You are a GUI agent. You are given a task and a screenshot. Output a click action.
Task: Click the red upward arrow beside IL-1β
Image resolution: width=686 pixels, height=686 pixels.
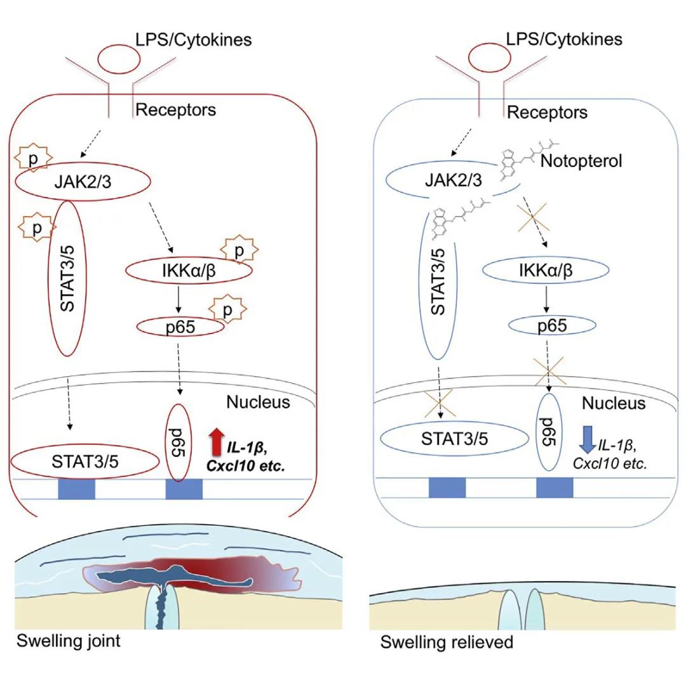tap(216, 443)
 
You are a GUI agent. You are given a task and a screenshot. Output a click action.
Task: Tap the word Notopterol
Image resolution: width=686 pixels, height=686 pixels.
tap(581, 161)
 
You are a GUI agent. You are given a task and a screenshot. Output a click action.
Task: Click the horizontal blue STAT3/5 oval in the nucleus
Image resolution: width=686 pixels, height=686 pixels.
tap(454, 438)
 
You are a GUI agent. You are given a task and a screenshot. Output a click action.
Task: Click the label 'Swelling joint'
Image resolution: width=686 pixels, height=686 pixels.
tap(68, 640)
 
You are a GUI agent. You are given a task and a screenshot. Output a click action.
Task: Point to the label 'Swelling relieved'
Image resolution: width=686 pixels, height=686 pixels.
tap(447, 642)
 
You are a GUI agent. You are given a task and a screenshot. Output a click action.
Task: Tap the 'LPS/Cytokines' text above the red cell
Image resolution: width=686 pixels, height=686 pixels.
tap(193, 39)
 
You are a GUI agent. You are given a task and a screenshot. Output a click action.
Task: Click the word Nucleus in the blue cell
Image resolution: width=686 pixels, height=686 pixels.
tap(614, 403)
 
